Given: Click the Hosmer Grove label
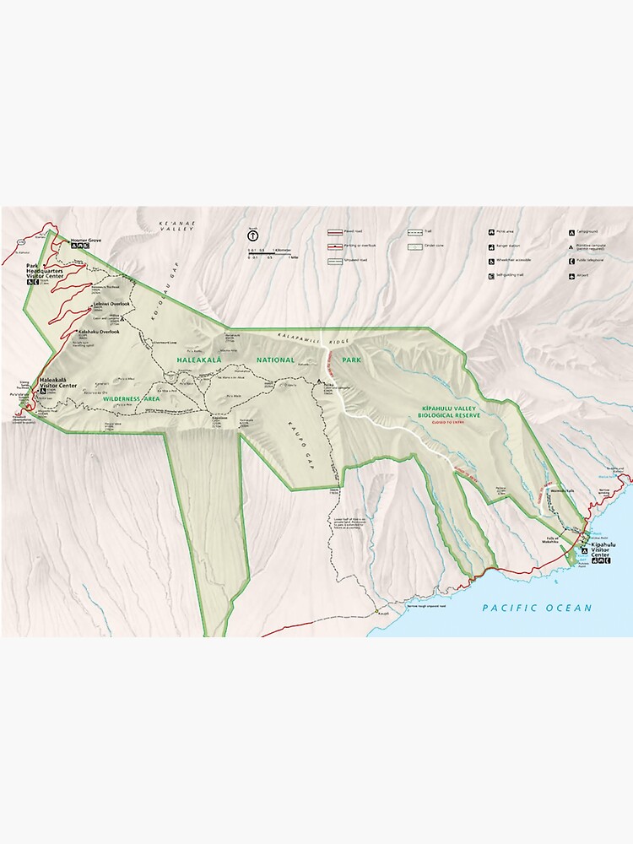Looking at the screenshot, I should (x=86, y=241).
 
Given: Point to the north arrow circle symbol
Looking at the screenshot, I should (x=252, y=237).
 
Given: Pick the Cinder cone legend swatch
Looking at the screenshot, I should (x=415, y=247).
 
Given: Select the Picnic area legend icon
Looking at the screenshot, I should (x=491, y=231).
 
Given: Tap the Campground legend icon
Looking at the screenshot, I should (x=571, y=231).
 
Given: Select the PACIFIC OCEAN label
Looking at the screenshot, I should (x=537, y=608).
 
